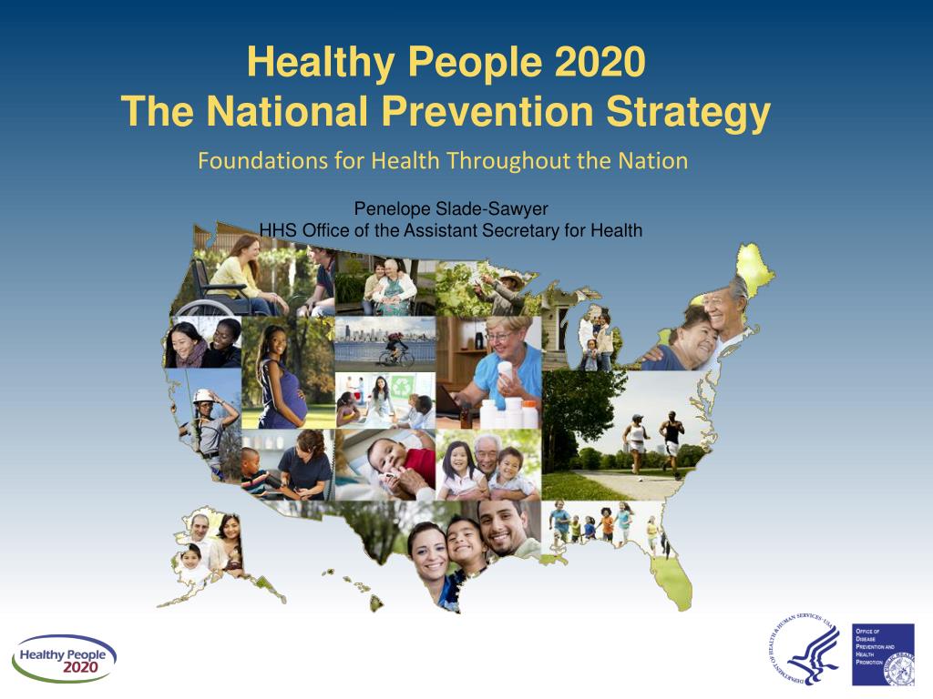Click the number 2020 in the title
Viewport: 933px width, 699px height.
(599, 63)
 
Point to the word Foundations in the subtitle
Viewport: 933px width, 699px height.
(250, 161)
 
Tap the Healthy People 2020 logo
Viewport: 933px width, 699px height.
(64, 658)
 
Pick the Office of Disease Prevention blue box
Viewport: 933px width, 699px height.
(882, 654)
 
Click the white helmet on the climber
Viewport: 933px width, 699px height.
(202, 398)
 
